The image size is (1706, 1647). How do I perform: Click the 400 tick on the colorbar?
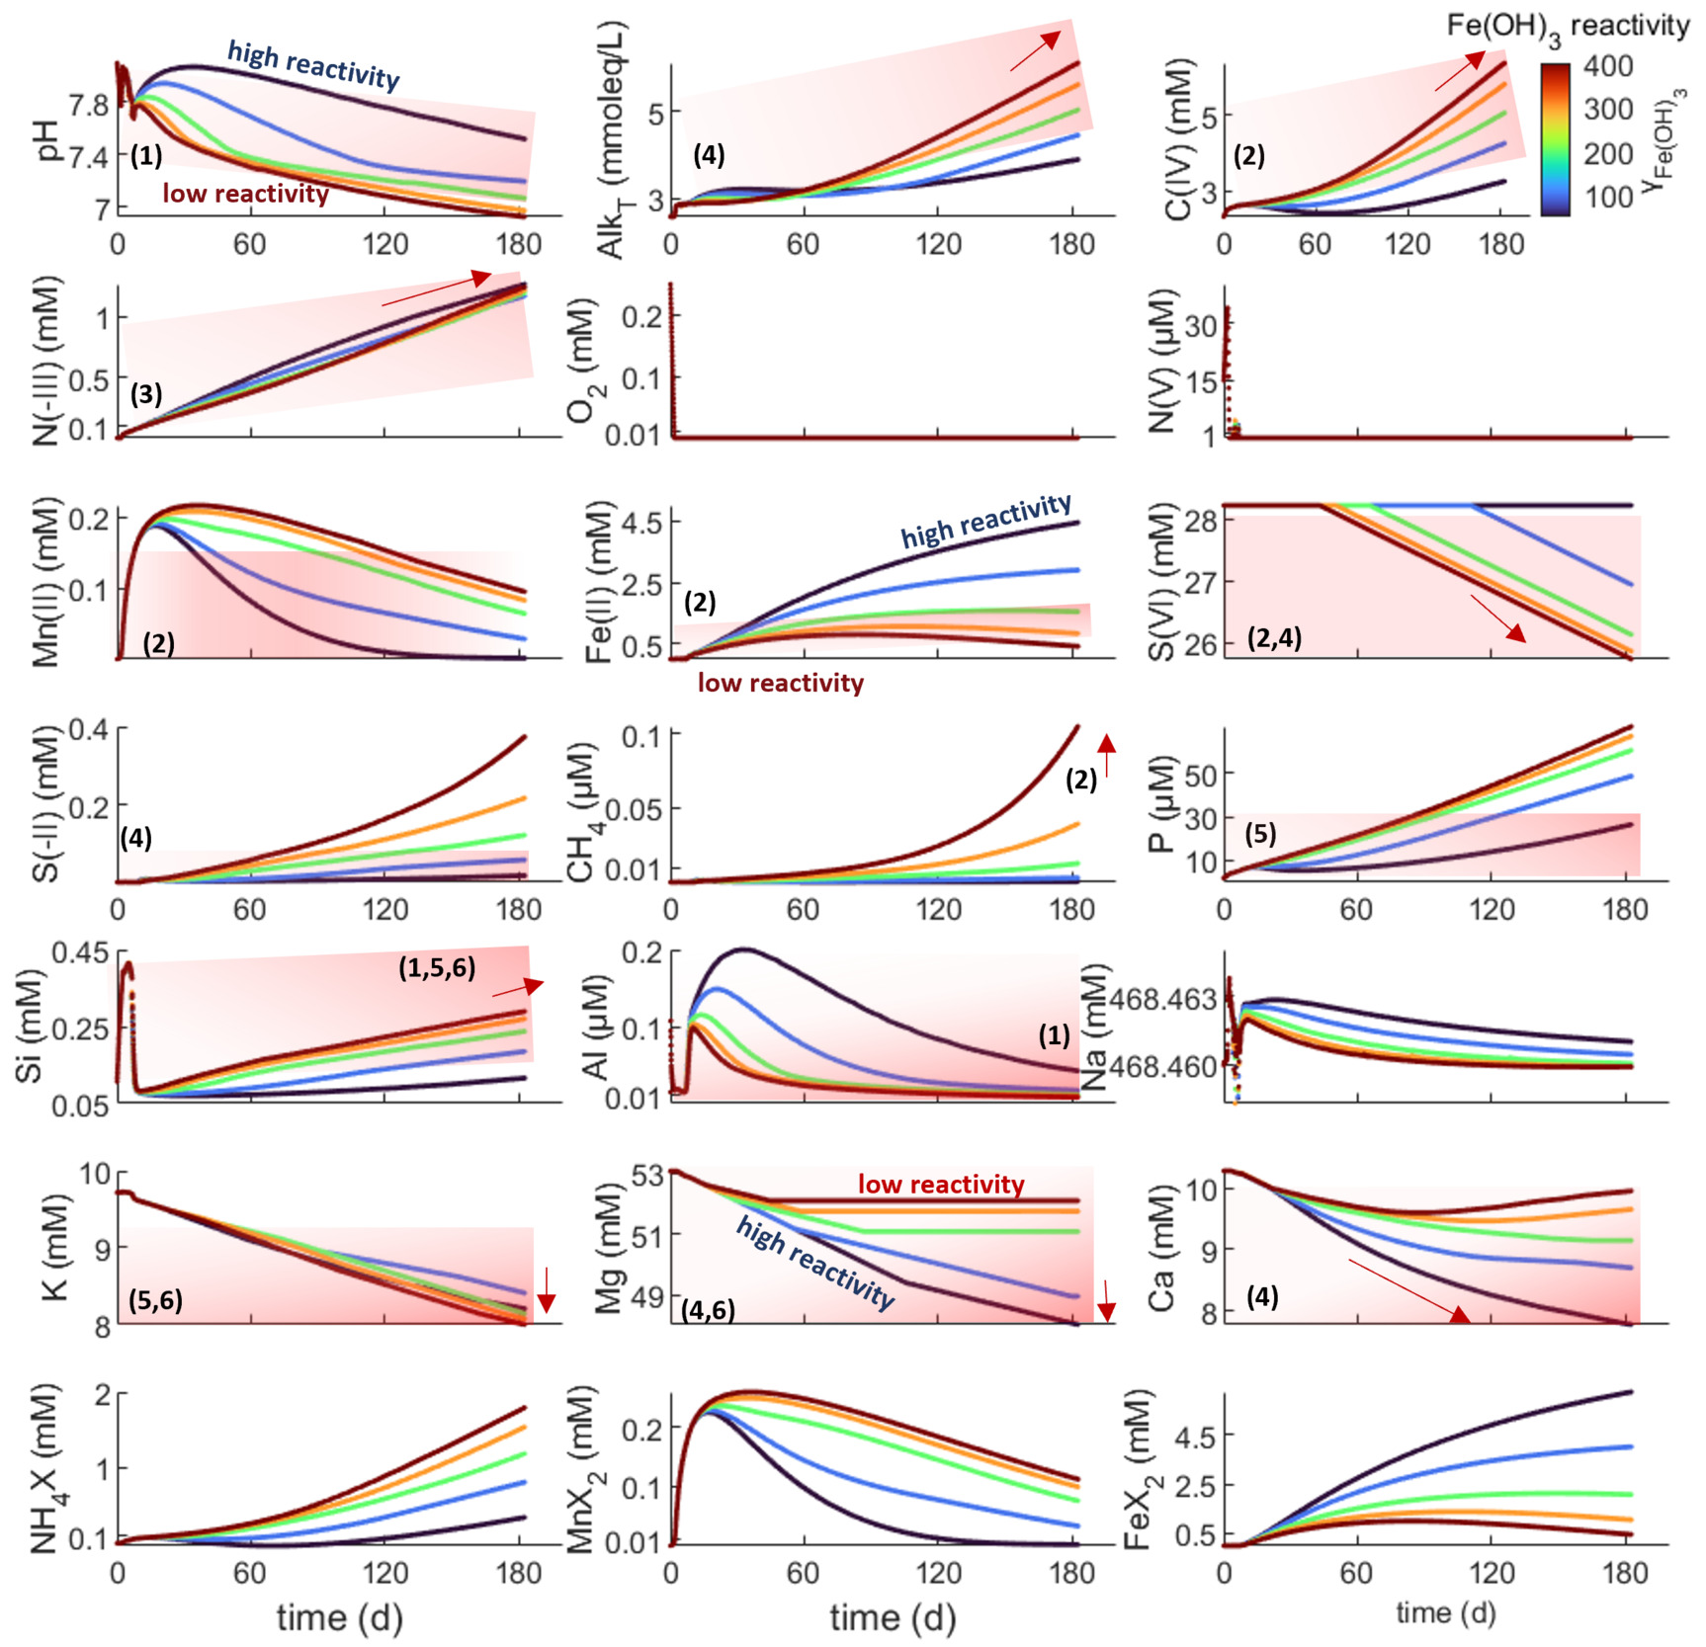pos(1607,66)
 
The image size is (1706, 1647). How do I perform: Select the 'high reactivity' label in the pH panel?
pos(313,64)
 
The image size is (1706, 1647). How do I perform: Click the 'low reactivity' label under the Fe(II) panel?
pos(780,683)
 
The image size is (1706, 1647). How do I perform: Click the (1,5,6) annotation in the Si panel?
pos(437,967)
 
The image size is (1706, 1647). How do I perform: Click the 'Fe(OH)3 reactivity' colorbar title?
pos(1568,27)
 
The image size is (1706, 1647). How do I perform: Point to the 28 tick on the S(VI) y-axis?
pos(1200,520)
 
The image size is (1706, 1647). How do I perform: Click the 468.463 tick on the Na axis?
pos(1162,1000)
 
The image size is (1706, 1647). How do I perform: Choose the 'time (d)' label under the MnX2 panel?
pos(893,1616)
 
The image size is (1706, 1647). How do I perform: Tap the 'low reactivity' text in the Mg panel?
pos(940,1184)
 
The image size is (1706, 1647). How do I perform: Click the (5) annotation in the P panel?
pos(1260,833)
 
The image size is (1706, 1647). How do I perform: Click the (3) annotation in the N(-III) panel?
pos(146,394)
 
